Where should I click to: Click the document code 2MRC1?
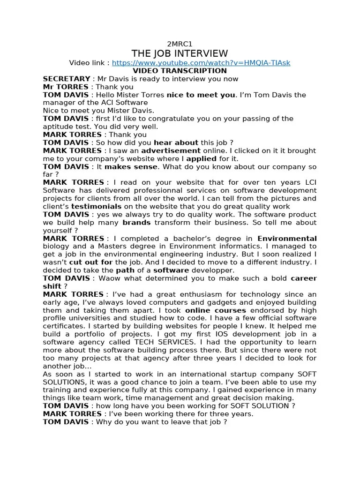pos(180,44)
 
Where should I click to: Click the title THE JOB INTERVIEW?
pos(180,53)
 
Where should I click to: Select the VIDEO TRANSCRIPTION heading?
pos(180,71)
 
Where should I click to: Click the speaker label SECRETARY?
pos(66,79)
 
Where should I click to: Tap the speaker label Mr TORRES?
pos(65,87)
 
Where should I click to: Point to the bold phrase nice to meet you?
pos(201,95)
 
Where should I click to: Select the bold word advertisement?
pos(171,150)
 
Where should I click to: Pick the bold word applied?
pos(201,158)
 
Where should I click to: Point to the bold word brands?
pos(136,222)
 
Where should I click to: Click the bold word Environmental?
pos(287,238)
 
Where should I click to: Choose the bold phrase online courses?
pos(215,310)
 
